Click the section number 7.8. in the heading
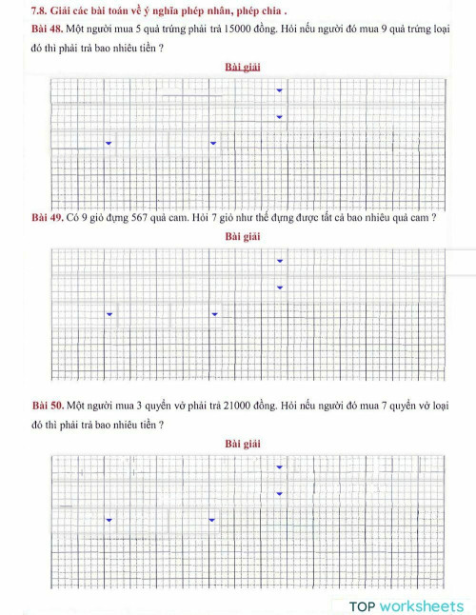point(41,10)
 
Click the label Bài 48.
point(47,29)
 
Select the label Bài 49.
point(47,218)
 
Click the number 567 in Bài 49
point(144,218)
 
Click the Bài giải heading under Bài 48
point(243,68)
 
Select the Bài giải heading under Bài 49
point(243,235)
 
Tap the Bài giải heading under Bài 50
point(243,444)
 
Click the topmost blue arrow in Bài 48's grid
point(279,90)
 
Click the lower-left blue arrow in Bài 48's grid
point(109,143)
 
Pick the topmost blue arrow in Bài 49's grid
point(279,261)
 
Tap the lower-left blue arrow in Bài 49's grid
point(109,314)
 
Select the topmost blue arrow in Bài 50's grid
point(279,467)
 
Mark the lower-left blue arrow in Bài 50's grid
point(109,520)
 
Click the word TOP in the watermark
point(363,605)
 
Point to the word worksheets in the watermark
point(422,605)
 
